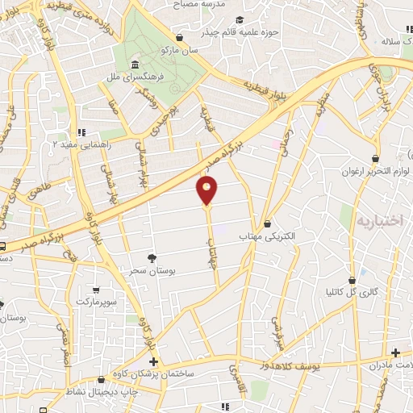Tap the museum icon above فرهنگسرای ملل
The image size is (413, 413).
(134, 65)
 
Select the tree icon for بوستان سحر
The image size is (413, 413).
(151, 258)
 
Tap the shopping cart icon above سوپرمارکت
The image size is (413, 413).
(97, 290)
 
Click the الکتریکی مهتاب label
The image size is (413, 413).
(267, 236)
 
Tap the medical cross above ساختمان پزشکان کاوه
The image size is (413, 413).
(155, 362)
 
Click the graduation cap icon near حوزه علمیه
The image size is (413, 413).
(239, 20)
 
